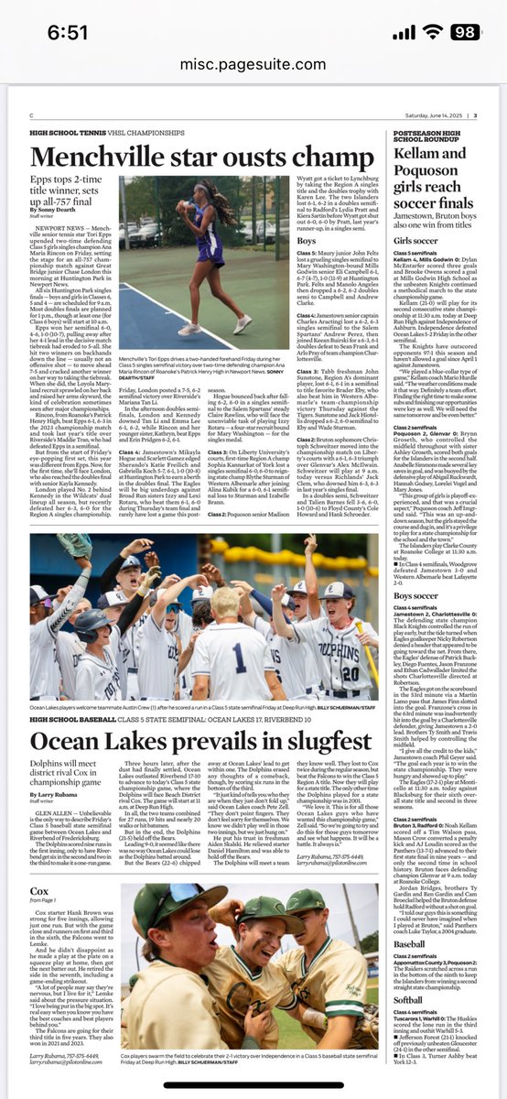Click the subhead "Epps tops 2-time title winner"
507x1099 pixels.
(x=73, y=181)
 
